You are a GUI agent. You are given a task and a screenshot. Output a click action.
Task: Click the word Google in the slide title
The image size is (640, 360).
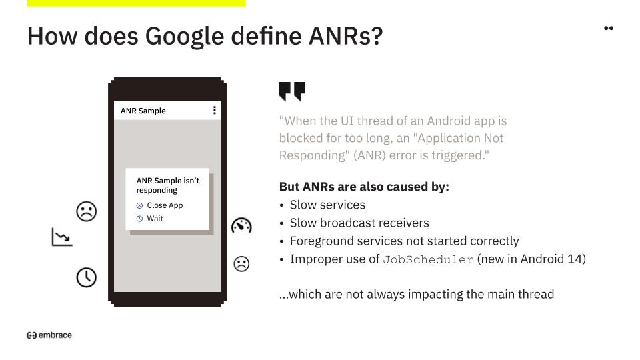pyautogui.click(x=185, y=36)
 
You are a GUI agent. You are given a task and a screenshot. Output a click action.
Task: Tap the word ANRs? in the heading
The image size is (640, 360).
pyautogui.click(x=346, y=35)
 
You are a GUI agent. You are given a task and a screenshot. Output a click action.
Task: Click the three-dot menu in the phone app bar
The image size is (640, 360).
pyautogui.click(x=215, y=110)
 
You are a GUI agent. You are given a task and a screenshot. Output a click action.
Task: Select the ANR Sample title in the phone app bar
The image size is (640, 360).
pyautogui.click(x=143, y=111)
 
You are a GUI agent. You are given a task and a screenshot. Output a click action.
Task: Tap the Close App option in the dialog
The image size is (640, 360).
pyautogui.click(x=159, y=205)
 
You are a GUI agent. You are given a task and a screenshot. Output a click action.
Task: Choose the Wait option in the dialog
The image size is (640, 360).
pyautogui.click(x=150, y=219)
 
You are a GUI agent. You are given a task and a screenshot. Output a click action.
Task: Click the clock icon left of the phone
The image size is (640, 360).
pyautogui.click(x=87, y=277)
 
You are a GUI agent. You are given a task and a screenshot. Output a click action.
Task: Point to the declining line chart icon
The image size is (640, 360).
pyautogui.click(x=62, y=237)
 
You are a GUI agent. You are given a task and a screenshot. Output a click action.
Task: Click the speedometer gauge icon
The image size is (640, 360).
pyautogui.click(x=241, y=225)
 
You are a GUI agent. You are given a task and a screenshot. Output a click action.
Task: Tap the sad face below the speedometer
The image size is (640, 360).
pyautogui.click(x=241, y=264)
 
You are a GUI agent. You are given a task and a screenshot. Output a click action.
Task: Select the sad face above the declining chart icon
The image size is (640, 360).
pyautogui.click(x=87, y=211)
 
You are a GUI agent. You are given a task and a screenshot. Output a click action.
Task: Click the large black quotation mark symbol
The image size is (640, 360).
pyautogui.click(x=292, y=91)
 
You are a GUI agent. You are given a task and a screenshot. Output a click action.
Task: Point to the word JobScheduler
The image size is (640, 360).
pyautogui.click(x=428, y=259)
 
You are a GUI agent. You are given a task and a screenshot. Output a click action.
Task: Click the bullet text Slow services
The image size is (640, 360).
pyautogui.click(x=327, y=205)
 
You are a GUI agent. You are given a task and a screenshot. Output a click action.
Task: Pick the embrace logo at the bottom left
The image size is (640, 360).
pyautogui.click(x=49, y=335)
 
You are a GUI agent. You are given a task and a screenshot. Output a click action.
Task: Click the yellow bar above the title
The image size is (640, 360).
pyautogui.click(x=136, y=3)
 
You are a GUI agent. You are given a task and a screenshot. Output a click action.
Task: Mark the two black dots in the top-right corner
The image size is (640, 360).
pyautogui.click(x=609, y=28)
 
